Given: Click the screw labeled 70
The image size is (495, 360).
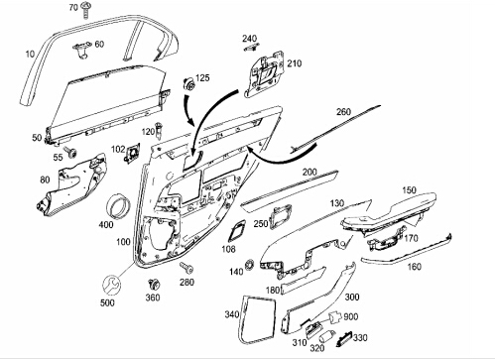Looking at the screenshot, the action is tap(85, 10).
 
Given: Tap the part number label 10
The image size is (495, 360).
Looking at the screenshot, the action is tap(30, 54).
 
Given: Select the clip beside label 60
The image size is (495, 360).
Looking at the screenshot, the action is tap(81, 51).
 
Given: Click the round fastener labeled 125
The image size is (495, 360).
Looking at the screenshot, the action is tap(188, 84).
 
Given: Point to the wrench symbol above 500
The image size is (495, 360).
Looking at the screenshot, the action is tap(111, 285).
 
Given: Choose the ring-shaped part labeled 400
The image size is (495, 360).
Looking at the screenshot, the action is tap(118, 205).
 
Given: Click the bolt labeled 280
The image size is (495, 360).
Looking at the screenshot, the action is tap(186, 268).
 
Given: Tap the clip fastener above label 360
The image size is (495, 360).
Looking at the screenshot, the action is tap(154, 284).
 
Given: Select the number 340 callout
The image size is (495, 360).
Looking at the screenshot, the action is tap(232, 314).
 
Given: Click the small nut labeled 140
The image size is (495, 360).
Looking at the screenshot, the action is tap(250, 265).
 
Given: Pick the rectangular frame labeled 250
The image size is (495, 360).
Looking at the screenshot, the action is tap(281, 216).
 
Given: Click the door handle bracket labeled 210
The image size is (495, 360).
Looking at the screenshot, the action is tap(264, 74).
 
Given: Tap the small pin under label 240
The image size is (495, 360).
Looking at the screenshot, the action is tap(251, 47).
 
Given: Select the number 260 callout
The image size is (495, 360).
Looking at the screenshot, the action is tap(343, 112).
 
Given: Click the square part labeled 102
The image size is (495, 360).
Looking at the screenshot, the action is tap(132, 153).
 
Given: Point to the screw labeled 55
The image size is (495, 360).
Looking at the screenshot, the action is tap(70, 152).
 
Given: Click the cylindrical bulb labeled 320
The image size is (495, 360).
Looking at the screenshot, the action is tap(327, 336).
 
